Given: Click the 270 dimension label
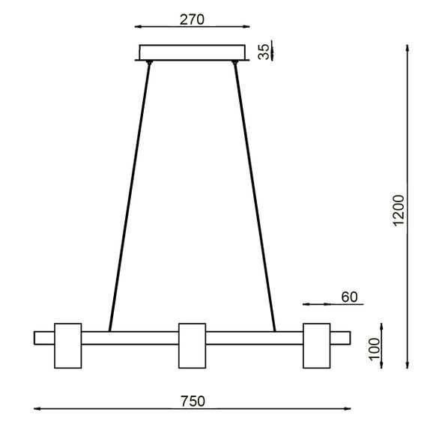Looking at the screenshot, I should click(193, 19).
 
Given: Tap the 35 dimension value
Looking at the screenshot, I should click(264, 52).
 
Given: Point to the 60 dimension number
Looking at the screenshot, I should click(349, 297).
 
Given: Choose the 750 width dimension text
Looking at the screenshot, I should click(193, 401).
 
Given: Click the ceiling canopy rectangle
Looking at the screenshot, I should click(193, 52).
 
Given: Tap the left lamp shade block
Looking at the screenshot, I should click(68, 345).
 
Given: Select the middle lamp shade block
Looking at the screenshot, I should click(192, 345).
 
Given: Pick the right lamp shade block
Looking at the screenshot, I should click(316, 345).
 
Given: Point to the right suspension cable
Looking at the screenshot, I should click(255, 199).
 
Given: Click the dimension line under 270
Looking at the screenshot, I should click(193, 28).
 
